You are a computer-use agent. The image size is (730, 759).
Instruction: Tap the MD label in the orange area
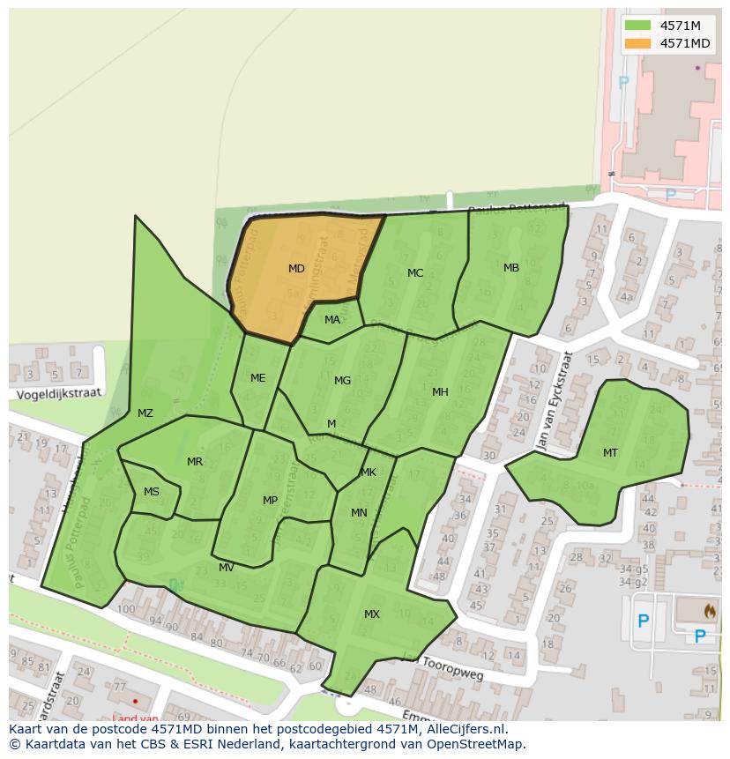coord(296,268)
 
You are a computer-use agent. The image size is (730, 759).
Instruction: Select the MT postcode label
coord(610,453)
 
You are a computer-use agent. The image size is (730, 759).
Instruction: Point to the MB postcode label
coord(511,268)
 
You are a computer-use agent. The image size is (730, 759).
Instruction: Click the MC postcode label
coord(415,273)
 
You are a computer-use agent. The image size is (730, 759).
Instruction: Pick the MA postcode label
coord(332,320)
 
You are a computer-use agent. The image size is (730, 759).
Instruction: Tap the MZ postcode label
coord(145,413)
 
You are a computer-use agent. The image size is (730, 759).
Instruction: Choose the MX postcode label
coord(372,614)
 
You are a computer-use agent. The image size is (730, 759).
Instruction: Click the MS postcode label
coord(152,492)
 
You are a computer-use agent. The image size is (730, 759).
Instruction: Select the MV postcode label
coord(227,568)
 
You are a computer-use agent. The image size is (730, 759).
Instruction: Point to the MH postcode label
coord(440,392)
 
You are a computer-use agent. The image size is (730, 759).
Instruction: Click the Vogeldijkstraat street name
coord(57,391)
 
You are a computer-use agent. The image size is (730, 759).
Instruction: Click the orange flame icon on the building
coord(711,609)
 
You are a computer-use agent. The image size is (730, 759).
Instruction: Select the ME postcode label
coord(257,378)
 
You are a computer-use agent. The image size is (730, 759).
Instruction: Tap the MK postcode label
coord(369,473)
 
